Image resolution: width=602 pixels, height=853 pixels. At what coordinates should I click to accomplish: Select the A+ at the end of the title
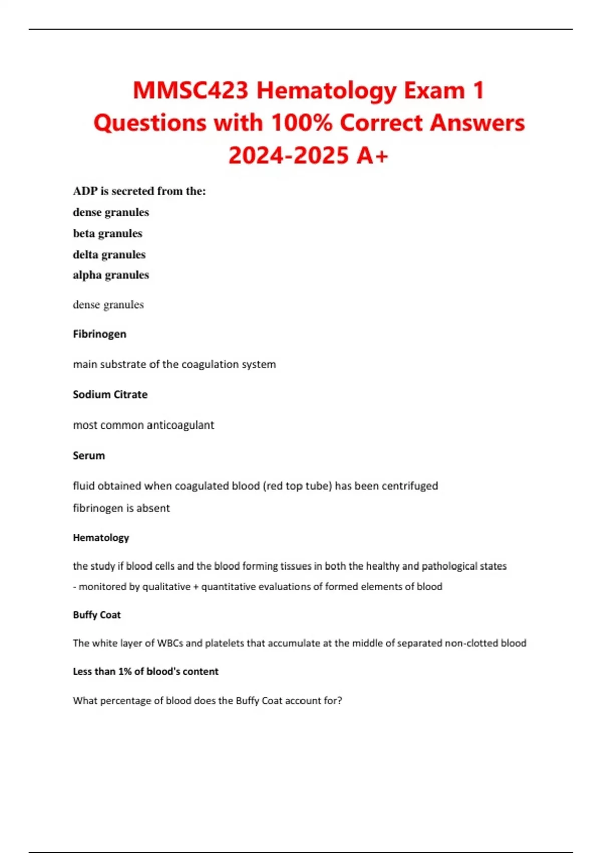(373, 155)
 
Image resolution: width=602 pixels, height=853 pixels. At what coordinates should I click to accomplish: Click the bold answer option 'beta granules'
(107, 233)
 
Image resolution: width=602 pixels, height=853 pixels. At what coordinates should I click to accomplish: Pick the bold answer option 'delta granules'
(109, 255)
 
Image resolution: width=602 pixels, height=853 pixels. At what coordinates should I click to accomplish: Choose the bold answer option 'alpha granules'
(111, 275)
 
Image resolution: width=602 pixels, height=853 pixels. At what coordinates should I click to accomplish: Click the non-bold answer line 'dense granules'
(108, 305)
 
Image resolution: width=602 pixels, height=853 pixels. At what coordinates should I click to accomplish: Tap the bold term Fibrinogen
(99, 334)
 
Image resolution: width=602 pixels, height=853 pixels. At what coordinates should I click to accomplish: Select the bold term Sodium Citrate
(110, 395)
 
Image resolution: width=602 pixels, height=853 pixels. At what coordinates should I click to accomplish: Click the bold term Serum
(89, 456)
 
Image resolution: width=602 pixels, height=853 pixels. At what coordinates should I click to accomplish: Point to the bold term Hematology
(101, 538)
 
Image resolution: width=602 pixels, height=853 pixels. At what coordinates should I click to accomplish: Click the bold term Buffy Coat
(97, 615)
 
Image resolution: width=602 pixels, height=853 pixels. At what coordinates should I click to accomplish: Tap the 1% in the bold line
(125, 672)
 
